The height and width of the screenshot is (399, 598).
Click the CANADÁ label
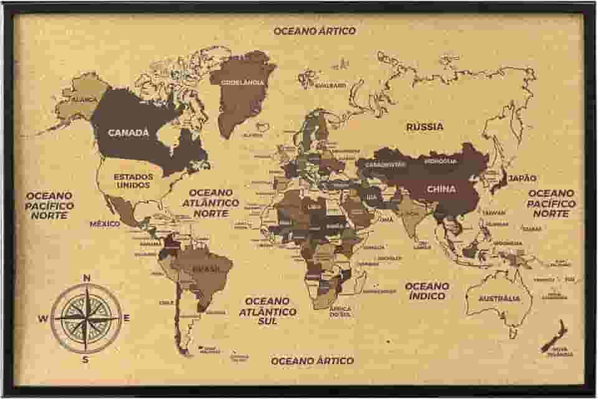(128, 132)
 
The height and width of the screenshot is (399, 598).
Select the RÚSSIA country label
(425, 127)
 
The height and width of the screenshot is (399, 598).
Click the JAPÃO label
(521, 178)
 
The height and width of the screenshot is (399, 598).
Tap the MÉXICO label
(105, 223)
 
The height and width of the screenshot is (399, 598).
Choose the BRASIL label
(206, 269)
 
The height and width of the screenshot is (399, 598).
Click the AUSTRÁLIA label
(498, 299)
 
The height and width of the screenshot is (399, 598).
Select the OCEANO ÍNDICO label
(427, 291)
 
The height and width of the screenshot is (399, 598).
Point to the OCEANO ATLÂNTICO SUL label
(270, 310)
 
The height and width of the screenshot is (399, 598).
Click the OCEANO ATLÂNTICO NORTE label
(211, 203)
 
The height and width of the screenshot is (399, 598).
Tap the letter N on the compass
(87, 278)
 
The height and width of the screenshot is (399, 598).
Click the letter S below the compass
(86, 359)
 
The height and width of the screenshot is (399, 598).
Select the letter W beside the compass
(43, 319)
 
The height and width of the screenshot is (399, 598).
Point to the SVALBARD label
(330, 85)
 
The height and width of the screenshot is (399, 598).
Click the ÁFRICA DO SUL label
(340, 310)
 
